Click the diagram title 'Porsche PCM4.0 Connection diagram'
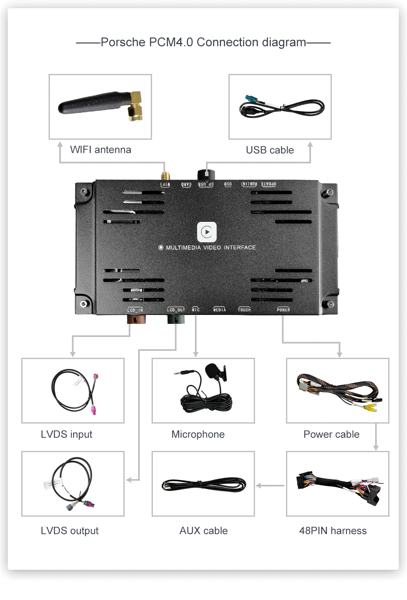tap(203, 42)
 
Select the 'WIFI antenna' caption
tap(101, 150)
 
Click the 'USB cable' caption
tap(270, 150)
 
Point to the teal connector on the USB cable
tap(250, 100)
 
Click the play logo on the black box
tap(207, 232)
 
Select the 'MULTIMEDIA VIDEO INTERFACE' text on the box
tap(210, 248)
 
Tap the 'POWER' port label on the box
tap(283, 310)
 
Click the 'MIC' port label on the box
tap(196, 310)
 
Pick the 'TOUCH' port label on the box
tap(244, 310)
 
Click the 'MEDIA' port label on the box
tap(219, 310)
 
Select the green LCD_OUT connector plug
tap(176, 319)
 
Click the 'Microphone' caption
tap(198, 435)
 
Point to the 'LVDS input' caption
tap(67, 435)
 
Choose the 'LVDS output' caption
tap(69, 531)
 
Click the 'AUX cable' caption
tap(203, 531)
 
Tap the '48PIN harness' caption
tap(333, 531)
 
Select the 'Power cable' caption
tap(331, 435)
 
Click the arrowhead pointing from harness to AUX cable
tap(259, 486)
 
